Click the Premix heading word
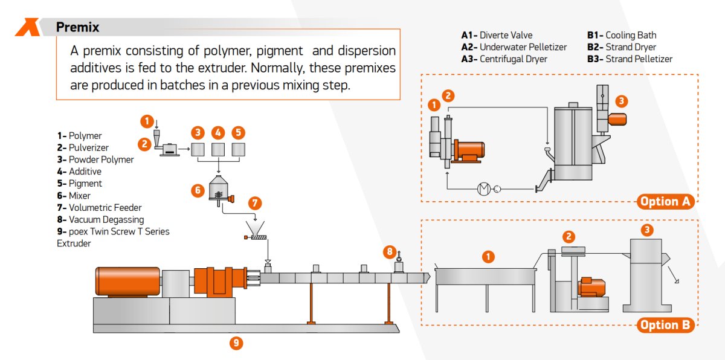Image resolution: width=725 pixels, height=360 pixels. click(77, 27)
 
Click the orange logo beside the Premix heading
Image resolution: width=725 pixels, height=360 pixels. click(27, 27)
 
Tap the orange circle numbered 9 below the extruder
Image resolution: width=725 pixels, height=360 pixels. click(236, 343)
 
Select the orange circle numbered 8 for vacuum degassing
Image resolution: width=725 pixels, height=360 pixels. click(390, 251)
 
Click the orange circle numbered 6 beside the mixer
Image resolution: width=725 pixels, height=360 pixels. click(197, 190)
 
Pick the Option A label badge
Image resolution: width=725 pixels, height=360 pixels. click(665, 202)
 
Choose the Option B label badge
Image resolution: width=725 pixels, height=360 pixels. click(665, 325)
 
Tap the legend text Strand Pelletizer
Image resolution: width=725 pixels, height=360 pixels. click(639, 59)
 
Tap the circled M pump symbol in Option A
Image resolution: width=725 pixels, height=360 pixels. click(484, 189)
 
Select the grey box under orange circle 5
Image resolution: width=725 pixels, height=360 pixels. click(239, 149)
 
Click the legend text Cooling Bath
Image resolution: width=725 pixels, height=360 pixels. click(630, 35)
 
